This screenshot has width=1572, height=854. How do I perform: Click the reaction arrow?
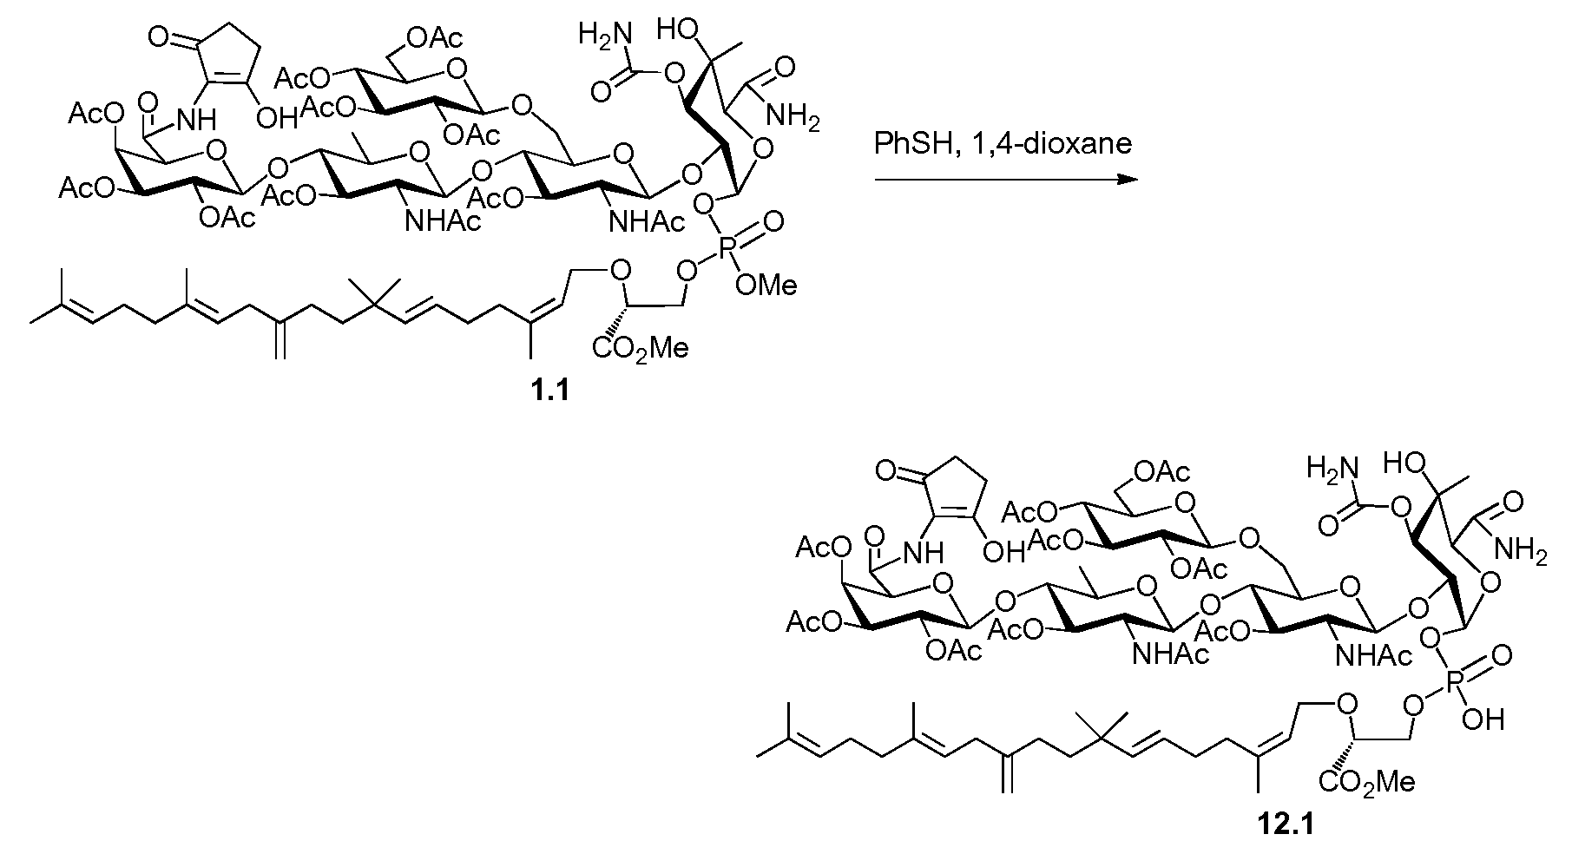[1006, 180]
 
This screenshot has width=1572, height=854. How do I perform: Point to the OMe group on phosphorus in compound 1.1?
[766, 284]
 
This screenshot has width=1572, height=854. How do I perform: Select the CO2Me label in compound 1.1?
[641, 349]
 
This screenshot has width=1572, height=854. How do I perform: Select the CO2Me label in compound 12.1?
[1367, 783]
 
